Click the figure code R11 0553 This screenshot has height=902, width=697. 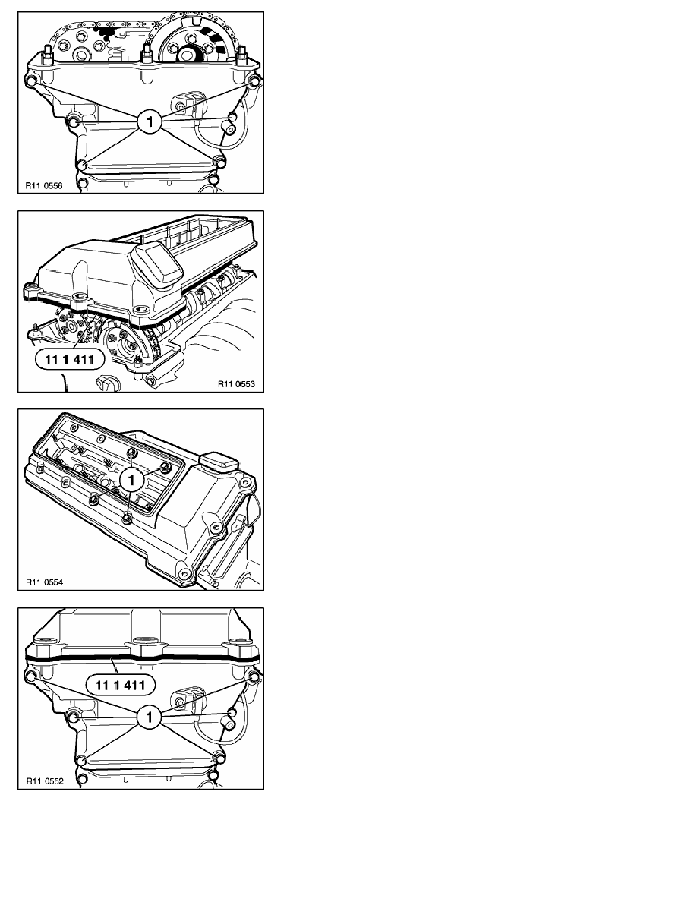pos(238,384)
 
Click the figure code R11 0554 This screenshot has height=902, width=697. pos(42,584)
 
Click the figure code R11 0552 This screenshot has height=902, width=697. pos(42,780)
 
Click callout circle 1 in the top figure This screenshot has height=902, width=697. pos(150,121)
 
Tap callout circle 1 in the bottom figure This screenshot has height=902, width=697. pos(150,715)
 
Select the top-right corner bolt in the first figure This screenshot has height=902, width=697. pos(255,80)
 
